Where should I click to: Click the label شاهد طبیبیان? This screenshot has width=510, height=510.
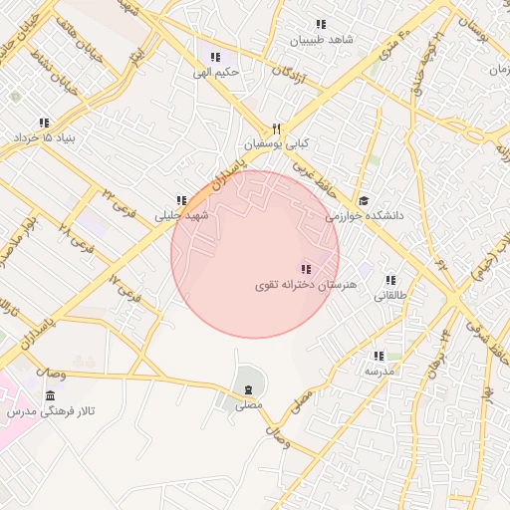[x=321, y=41]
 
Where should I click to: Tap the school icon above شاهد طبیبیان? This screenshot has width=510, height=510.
[x=321, y=24]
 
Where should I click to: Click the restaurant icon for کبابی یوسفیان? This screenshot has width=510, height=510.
[x=278, y=128]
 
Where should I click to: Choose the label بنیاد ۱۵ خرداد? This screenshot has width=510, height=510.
[x=44, y=137]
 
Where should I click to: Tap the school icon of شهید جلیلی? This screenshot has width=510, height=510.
[x=180, y=199]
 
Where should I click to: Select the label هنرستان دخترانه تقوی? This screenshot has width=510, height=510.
[x=295, y=286]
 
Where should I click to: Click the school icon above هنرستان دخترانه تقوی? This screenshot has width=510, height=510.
[x=305, y=269]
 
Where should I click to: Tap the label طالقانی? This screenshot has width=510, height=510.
[x=389, y=296]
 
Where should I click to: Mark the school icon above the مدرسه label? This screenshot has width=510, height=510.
[x=379, y=356]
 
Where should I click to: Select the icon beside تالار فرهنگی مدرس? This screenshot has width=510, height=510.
[x=50, y=396]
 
